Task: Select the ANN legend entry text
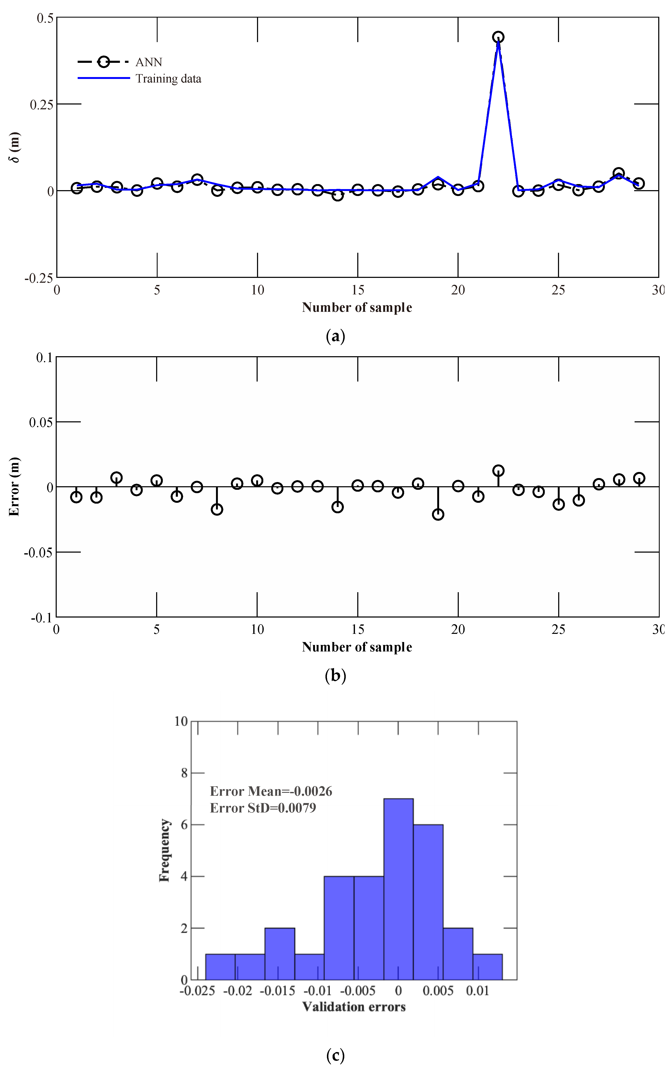pyautogui.click(x=149, y=62)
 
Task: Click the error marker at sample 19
pyautogui.click(x=438, y=515)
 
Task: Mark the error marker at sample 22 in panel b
pyautogui.click(x=498, y=471)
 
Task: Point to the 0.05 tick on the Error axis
pyautogui.click(x=41, y=422)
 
